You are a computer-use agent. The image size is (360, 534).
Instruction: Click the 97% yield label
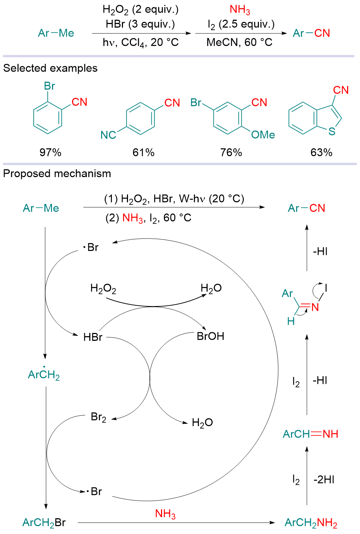point(50,152)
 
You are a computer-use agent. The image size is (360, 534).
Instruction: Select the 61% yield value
point(143,152)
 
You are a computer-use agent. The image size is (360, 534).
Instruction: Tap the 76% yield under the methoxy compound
point(231,152)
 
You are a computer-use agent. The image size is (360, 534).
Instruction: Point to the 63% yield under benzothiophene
point(321,152)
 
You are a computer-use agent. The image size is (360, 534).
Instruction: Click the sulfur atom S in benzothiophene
point(332,132)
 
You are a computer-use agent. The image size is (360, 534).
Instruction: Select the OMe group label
point(263,135)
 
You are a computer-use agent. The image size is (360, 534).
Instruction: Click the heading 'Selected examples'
point(50,68)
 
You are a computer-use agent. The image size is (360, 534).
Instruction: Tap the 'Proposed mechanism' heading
point(57,173)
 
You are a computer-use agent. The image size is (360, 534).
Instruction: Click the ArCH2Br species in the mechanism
point(44,523)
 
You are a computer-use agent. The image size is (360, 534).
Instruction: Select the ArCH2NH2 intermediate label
point(311,523)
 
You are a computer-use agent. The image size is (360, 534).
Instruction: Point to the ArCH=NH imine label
point(311,434)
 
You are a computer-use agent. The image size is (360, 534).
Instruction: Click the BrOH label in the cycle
point(210,336)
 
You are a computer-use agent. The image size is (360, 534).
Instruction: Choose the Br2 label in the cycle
point(98,417)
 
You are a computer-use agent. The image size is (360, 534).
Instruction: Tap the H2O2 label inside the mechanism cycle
point(103,289)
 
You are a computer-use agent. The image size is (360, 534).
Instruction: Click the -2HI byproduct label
point(324,480)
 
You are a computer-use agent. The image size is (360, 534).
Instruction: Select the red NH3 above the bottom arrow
point(165,514)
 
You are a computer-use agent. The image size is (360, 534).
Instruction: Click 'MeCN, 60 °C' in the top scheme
point(239,42)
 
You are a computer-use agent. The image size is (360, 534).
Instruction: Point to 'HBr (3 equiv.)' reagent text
point(140,24)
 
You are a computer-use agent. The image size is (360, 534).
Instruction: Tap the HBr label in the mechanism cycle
point(93,337)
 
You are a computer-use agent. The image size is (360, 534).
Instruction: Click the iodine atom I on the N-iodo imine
point(326,288)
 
